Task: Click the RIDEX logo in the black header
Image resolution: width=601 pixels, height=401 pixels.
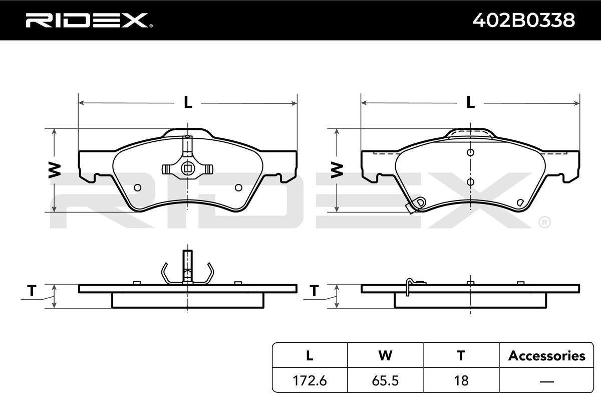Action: click(89, 20)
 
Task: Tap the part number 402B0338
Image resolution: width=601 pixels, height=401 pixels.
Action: click(523, 20)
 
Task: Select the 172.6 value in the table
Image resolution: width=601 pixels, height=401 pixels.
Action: click(310, 380)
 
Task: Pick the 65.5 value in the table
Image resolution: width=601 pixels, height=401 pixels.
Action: click(385, 380)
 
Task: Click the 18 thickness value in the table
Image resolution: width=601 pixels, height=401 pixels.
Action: click(461, 380)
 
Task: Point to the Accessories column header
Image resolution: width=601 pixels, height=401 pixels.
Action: click(546, 355)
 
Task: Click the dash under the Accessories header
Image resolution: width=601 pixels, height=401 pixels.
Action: click(546, 381)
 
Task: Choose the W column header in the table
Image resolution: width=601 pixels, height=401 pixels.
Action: click(385, 355)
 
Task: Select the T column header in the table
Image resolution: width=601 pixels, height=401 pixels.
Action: click(461, 355)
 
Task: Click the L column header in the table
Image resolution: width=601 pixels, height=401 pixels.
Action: click(310, 355)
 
